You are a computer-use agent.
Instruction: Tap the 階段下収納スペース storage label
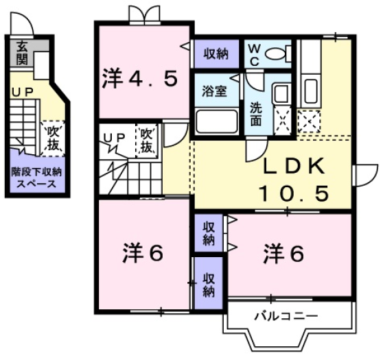click(36, 177)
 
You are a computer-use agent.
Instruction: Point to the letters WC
click(253, 53)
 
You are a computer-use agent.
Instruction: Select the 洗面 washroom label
click(255, 113)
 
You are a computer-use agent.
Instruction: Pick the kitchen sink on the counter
click(310, 89)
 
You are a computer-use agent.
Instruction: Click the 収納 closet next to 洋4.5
click(215, 53)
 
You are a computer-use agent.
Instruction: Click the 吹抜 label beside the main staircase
click(148, 140)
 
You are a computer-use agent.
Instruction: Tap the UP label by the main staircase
click(114, 138)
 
